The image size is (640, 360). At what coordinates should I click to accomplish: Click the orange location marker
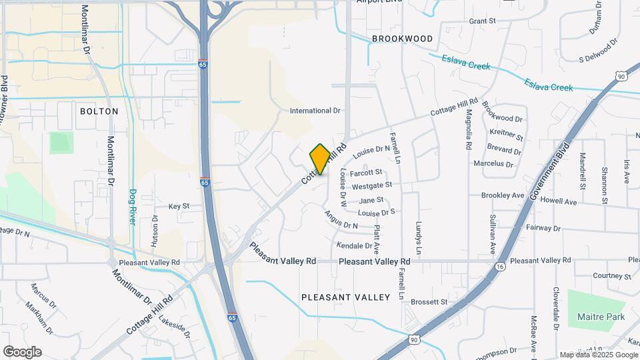[320, 159]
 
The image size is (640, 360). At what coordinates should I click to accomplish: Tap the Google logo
[22, 351]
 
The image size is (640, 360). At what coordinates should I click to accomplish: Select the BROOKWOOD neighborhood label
[402, 39]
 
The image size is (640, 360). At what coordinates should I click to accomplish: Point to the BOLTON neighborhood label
[99, 111]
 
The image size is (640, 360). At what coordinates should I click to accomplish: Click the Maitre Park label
[601, 317]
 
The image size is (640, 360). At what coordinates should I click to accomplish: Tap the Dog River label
[133, 207]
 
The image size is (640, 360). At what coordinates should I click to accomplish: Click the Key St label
[179, 207]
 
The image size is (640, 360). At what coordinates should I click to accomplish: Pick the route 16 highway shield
[500, 266]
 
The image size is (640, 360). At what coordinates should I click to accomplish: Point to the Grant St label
[483, 21]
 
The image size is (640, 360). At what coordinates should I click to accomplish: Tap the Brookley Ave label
[503, 195]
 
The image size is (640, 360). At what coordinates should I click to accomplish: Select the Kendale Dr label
[354, 245]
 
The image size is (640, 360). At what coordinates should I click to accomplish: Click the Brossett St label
[429, 302]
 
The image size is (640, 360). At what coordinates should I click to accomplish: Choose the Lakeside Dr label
[175, 325]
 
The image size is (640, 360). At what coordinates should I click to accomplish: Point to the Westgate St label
[372, 185]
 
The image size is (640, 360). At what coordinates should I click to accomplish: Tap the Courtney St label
[611, 276]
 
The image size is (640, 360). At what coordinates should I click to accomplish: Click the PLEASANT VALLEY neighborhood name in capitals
[345, 297]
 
